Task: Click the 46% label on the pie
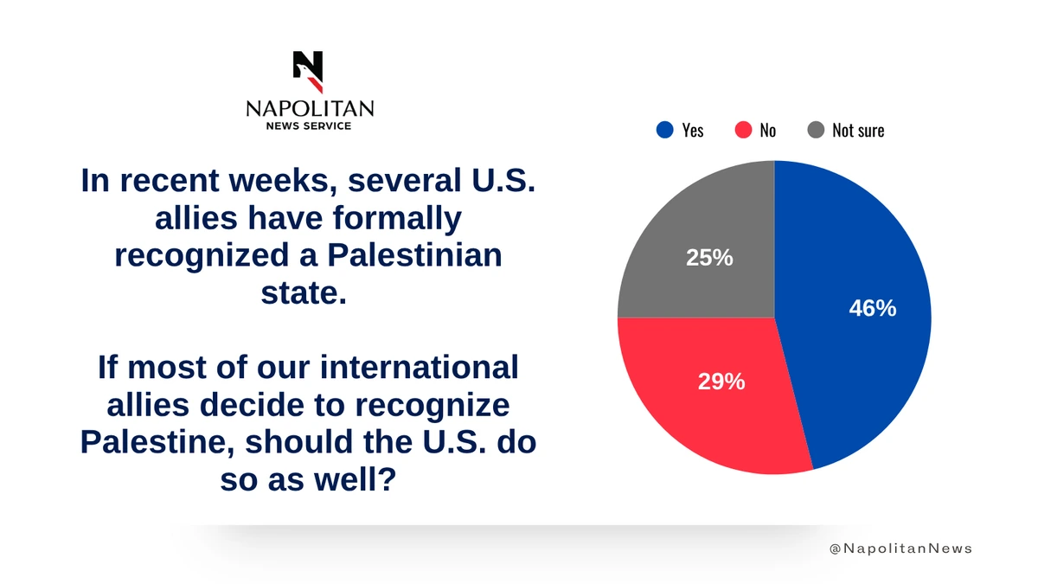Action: (x=873, y=308)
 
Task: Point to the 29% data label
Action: (x=721, y=381)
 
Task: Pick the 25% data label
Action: (x=709, y=257)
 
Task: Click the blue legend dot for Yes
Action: (x=664, y=130)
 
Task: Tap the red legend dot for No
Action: (x=742, y=130)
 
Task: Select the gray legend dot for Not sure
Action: (x=815, y=130)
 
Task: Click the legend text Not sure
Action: (x=858, y=131)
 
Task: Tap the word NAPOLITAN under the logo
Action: (x=310, y=108)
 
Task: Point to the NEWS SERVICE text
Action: (x=310, y=126)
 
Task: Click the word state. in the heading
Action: (x=304, y=293)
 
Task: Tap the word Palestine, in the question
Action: (x=157, y=441)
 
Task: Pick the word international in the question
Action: (x=420, y=367)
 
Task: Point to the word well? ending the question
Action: (x=354, y=478)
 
